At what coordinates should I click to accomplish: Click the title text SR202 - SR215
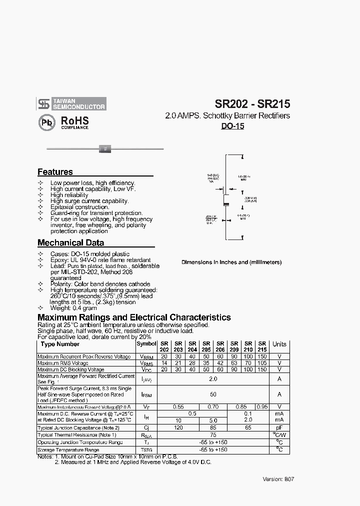(252, 104)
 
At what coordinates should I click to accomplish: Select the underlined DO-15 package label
(232, 126)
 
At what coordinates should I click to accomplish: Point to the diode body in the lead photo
(105, 148)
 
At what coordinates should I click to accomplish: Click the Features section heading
(55, 172)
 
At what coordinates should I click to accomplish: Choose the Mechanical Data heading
(70, 243)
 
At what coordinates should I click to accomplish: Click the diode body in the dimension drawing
(226, 199)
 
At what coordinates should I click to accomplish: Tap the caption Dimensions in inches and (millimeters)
(231, 262)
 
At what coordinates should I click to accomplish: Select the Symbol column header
(146, 344)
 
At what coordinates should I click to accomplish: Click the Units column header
(279, 344)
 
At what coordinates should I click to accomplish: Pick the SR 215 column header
(262, 346)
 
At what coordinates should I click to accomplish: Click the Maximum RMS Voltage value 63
(234, 363)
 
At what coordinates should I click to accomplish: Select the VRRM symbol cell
(146, 356)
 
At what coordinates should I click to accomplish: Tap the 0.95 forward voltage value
(262, 407)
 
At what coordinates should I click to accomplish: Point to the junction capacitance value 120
(178, 428)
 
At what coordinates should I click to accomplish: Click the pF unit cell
(279, 428)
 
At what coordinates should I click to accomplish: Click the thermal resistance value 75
(213, 435)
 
